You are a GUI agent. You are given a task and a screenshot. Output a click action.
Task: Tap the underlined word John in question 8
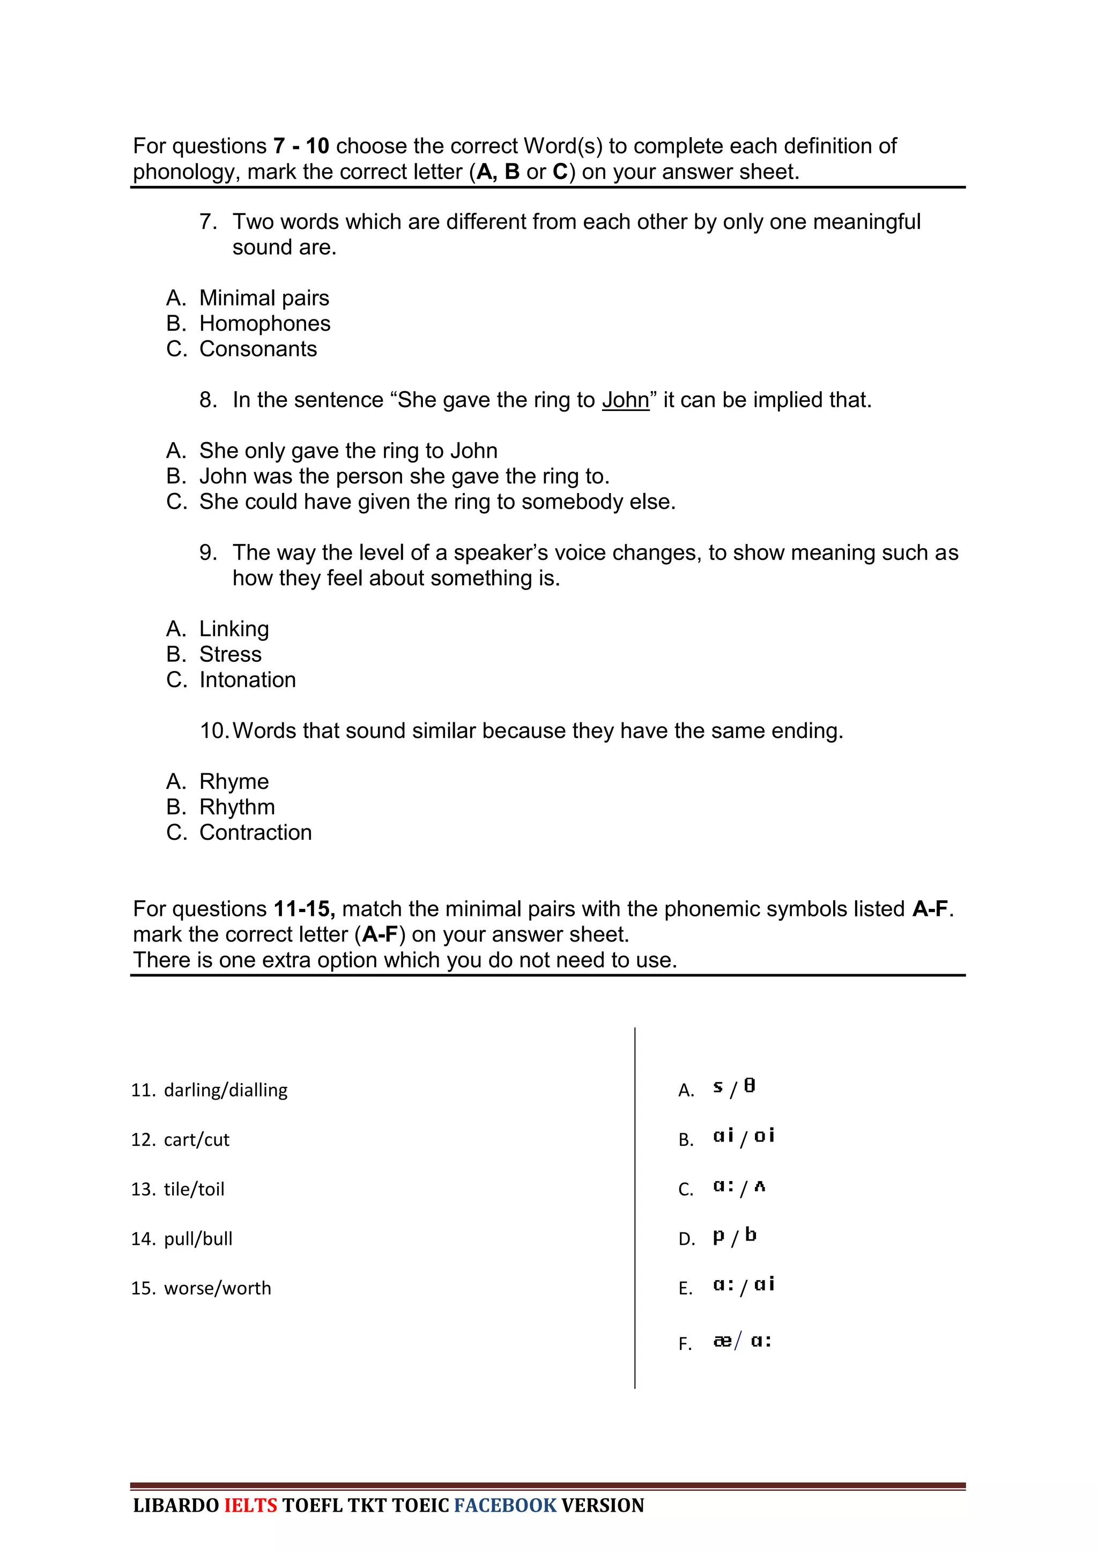(x=625, y=400)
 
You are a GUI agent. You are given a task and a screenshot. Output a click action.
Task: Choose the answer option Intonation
(x=248, y=680)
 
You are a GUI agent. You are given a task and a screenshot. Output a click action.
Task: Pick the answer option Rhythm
(x=237, y=807)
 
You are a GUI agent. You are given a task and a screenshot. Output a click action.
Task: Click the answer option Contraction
(x=255, y=833)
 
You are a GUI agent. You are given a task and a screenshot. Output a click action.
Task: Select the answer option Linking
(x=234, y=629)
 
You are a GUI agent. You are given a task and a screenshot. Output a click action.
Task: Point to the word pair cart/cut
(x=196, y=1140)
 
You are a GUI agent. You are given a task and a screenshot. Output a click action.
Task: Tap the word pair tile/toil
(x=194, y=1189)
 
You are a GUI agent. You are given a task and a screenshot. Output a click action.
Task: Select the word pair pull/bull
(x=198, y=1238)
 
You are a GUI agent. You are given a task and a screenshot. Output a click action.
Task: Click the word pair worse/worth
(x=217, y=1288)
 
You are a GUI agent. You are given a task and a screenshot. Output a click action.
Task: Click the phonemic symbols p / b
(x=734, y=1236)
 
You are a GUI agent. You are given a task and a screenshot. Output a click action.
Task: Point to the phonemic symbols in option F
(x=742, y=1341)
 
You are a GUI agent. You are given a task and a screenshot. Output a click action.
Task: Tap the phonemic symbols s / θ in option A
(x=734, y=1088)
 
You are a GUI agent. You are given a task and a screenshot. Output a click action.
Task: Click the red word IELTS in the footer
(x=250, y=1506)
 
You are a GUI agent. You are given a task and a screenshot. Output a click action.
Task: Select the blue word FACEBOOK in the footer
(x=505, y=1506)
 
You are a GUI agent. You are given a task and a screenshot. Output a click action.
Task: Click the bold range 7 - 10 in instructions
(x=301, y=146)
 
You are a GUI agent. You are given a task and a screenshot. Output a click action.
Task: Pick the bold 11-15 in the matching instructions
(x=304, y=909)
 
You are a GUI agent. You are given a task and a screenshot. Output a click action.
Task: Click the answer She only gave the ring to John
(x=348, y=451)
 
